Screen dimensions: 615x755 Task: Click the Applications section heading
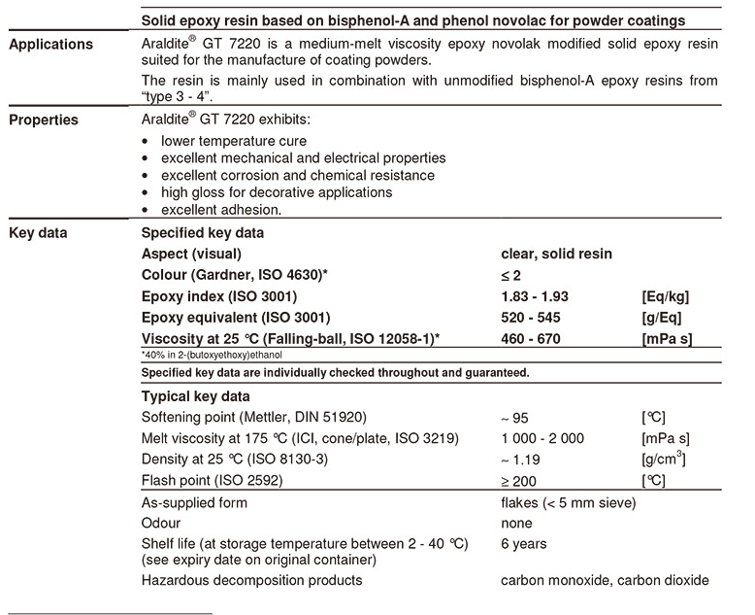50,45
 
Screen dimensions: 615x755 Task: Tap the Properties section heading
44,121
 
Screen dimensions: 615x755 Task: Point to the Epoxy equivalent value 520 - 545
530,318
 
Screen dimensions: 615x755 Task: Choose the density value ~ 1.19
523,460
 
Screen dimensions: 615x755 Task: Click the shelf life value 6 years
524,544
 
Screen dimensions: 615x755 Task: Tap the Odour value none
516,524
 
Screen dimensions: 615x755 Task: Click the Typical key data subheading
195,396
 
